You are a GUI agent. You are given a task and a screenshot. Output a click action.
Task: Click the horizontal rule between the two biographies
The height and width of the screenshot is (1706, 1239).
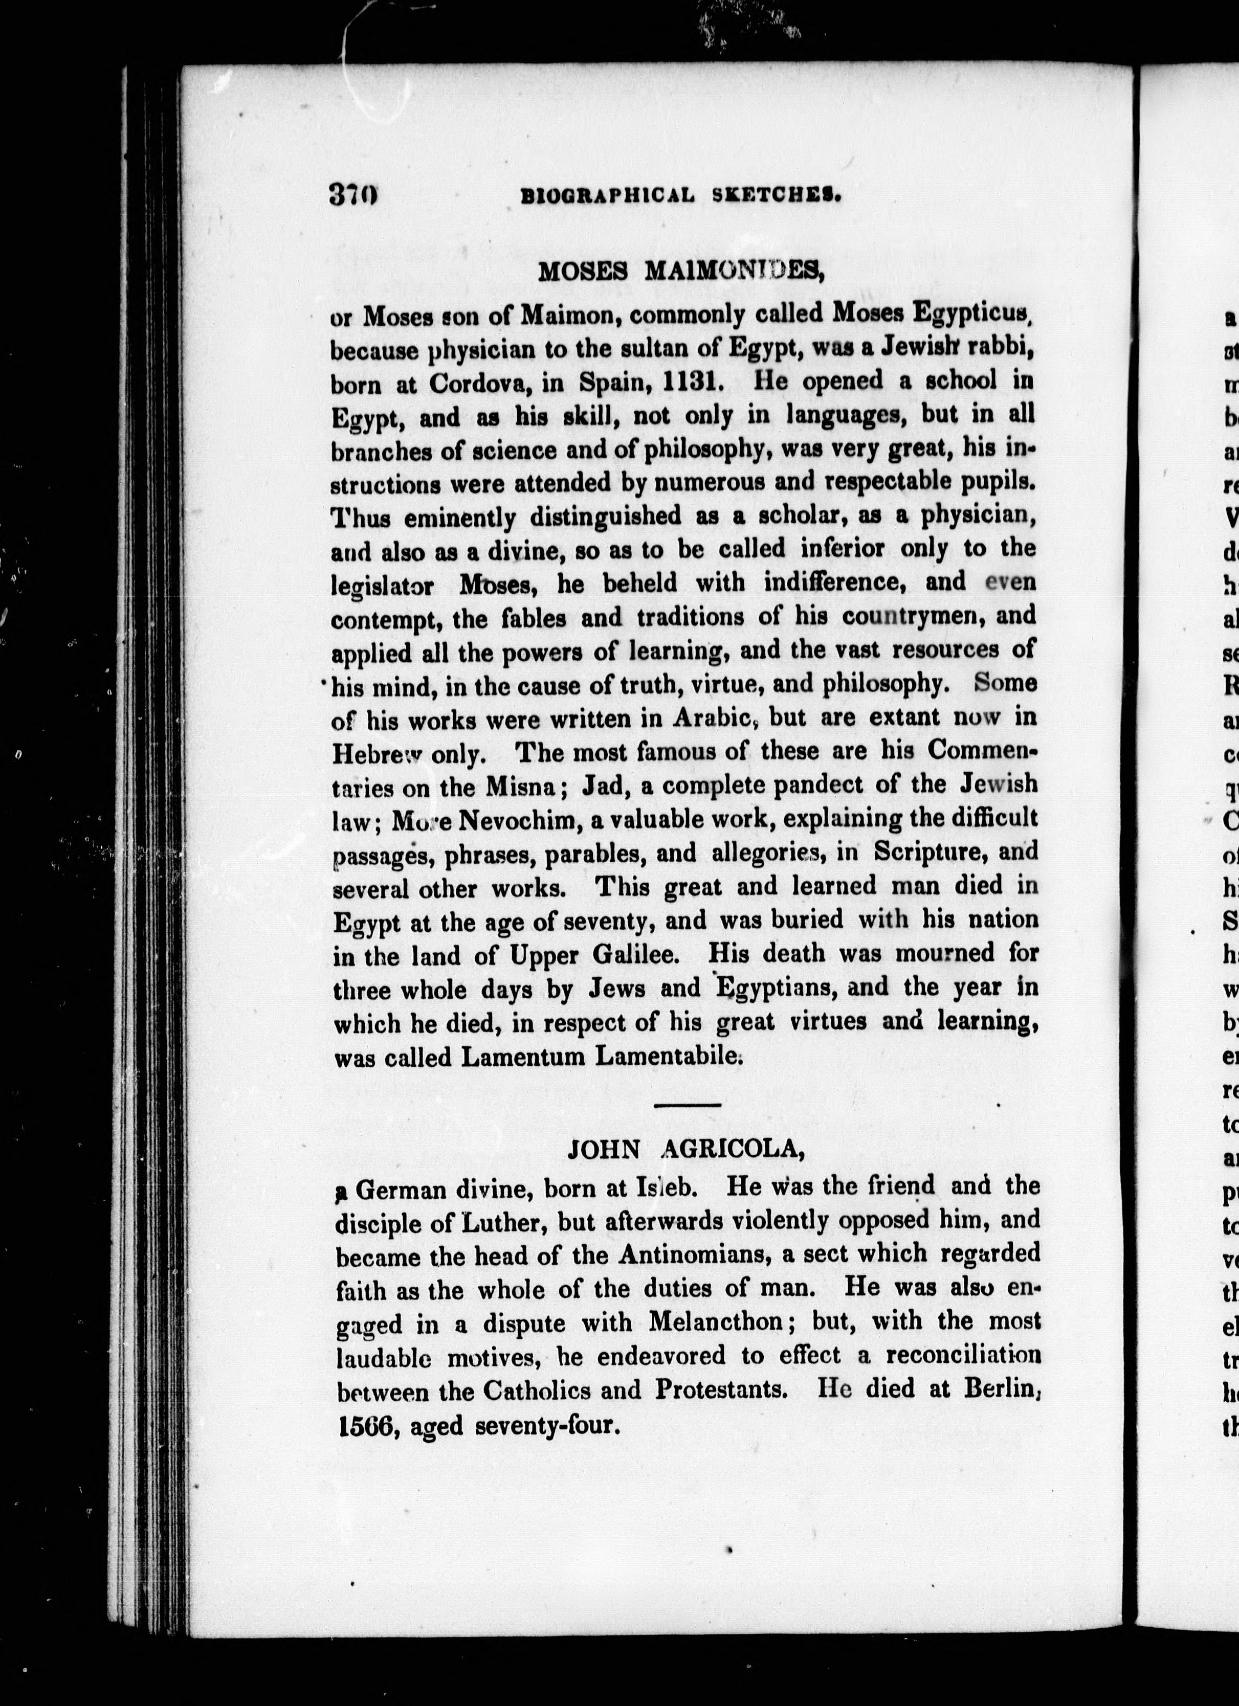point(688,1104)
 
